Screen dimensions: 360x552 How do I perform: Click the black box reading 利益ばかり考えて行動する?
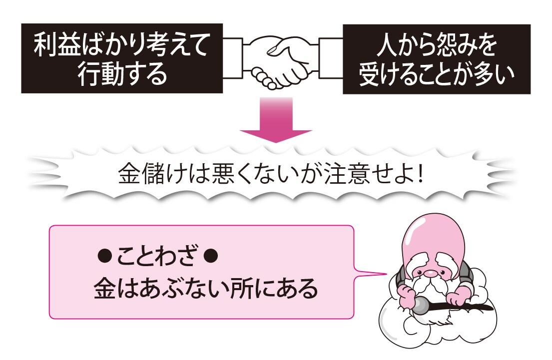click(x=121, y=59)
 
